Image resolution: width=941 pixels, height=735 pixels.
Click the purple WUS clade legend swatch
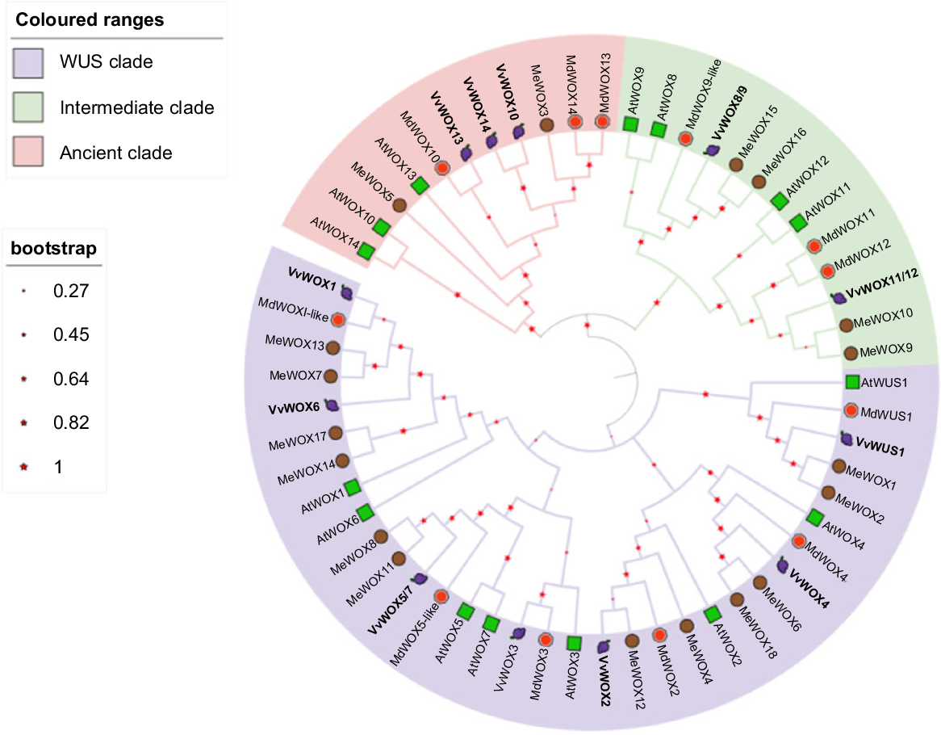tap(27, 63)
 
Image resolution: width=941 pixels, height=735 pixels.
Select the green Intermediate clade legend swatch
tap(27, 107)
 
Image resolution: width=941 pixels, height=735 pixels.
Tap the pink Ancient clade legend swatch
tap(27, 151)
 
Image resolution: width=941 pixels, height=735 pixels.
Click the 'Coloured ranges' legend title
tap(90, 20)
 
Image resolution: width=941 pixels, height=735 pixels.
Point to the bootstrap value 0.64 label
tap(71, 379)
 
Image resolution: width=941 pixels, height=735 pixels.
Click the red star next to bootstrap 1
tap(24, 467)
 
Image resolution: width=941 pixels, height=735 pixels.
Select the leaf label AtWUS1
tap(884, 383)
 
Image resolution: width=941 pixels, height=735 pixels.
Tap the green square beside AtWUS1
tap(852, 382)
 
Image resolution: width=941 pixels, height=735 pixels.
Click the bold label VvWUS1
tap(880, 447)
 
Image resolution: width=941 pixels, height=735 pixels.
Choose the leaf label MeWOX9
tap(886, 350)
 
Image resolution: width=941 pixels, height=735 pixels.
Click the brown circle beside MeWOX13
tap(332, 347)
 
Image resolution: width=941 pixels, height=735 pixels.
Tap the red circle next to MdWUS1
tap(851, 411)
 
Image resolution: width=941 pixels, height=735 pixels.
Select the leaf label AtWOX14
tap(335, 233)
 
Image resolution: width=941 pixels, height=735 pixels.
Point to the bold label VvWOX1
tap(312, 279)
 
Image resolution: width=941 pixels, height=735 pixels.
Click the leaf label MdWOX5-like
tap(413, 636)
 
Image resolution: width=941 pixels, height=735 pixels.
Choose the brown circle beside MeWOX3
tap(546, 125)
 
